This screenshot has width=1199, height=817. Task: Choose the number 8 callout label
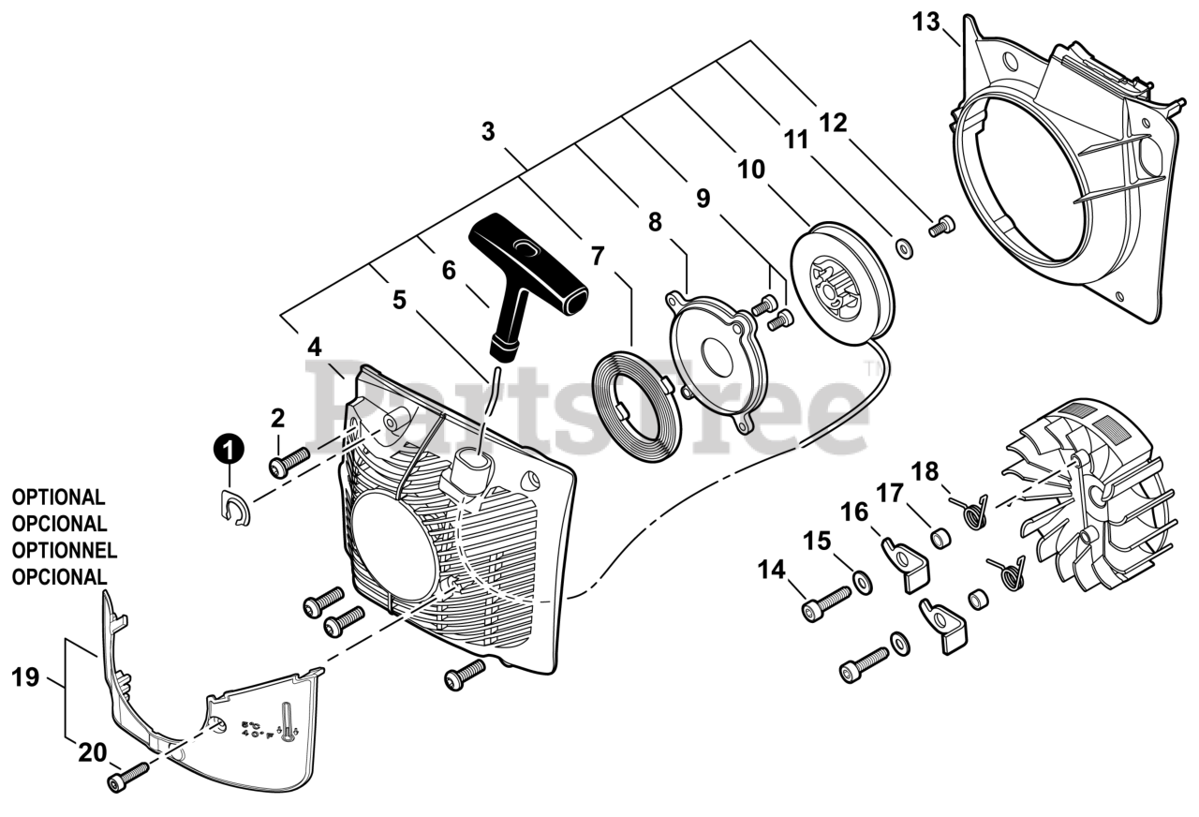coord(655,222)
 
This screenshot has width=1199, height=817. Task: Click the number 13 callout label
coord(925,22)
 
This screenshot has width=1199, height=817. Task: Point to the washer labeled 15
coord(861,586)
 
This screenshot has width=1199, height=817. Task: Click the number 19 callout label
coord(25,676)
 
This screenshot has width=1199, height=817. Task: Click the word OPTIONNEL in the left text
coord(65,550)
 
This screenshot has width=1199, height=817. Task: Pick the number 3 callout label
coord(488,131)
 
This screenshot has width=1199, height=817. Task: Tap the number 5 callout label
coord(400,300)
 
